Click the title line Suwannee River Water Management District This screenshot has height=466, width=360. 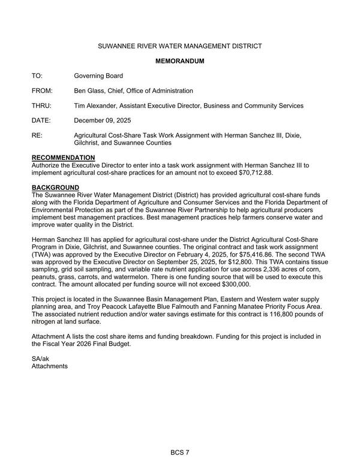tap(180, 46)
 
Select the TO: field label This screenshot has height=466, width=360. tap(38, 76)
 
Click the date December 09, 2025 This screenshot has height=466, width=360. tap(103, 121)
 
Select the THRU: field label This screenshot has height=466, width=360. tap(41, 106)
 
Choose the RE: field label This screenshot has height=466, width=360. tap(37, 136)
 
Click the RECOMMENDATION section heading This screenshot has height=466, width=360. tap(63, 157)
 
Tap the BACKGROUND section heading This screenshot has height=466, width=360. tap(55, 187)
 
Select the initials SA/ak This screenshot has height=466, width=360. tap(41, 359)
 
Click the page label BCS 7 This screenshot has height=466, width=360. tap(180, 452)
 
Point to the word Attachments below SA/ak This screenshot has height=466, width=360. tap(50, 366)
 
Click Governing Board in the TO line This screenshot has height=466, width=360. tap(98, 76)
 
